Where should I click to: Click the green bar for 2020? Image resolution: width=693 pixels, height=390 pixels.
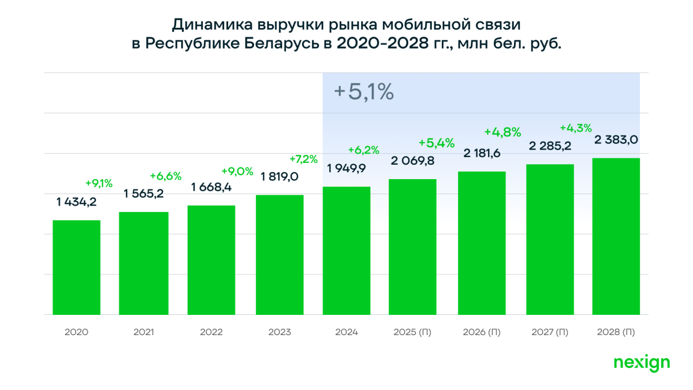click(76, 268)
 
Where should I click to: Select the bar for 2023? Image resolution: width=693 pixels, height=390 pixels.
click(280, 255)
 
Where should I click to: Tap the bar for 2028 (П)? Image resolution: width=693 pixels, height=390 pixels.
click(616, 236)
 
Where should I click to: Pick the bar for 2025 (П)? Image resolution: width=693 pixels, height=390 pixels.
click(412, 247)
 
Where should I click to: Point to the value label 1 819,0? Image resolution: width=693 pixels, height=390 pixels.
click(280, 176)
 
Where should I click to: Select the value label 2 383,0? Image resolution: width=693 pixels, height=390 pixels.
click(616, 140)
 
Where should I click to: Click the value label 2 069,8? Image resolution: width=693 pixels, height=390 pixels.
click(412, 161)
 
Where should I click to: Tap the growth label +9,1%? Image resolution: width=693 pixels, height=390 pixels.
click(99, 183)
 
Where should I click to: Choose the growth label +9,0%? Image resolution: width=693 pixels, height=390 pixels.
click(237, 171)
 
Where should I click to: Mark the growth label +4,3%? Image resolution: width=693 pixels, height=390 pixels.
click(576, 127)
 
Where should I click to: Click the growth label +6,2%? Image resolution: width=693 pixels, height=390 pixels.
click(364, 150)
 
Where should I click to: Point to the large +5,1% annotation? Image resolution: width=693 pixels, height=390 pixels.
click(364, 92)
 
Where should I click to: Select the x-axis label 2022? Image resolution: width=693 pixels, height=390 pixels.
click(211, 332)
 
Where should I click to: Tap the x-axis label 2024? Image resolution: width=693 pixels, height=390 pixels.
click(346, 332)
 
